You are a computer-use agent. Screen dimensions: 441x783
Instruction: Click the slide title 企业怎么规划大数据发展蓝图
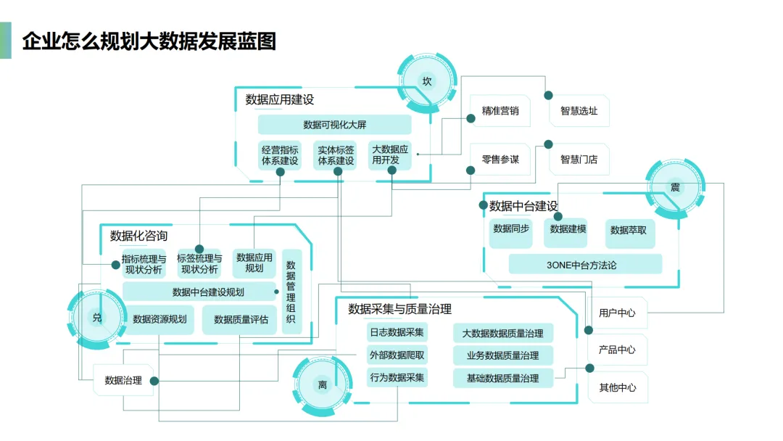click(x=149, y=41)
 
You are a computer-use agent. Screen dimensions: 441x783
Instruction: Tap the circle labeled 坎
click(x=427, y=81)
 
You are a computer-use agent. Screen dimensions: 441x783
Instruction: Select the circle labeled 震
click(x=675, y=188)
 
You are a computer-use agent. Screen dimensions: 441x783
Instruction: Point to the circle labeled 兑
click(x=96, y=318)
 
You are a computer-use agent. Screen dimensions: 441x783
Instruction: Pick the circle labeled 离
click(x=323, y=384)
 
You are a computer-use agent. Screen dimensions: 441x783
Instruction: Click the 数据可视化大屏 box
click(x=334, y=125)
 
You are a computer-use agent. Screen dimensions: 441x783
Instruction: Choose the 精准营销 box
click(x=500, y=112)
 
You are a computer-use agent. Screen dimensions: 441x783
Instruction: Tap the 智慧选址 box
click(x=579, y=112)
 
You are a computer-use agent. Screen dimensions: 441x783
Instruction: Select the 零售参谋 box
click(x=500, y=160)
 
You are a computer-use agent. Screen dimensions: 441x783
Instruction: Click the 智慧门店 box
click(x=579, y=160)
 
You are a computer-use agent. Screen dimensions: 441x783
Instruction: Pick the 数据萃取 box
click(x=628, y=230)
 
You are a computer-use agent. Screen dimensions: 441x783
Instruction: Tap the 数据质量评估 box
click(x=241, y=319)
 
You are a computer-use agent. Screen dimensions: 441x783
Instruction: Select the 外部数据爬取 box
click(x=397, y=355)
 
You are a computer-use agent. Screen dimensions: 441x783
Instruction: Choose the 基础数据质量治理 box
click(x=502, y=378)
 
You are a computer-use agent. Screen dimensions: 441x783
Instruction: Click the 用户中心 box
click(x=617, y=313)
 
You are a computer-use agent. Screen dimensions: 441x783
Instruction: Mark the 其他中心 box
click(x=617, y=387)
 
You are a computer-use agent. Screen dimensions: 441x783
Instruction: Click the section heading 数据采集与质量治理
click(x=399, y=310)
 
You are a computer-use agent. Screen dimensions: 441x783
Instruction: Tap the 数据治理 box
click(x=123, y=380)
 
